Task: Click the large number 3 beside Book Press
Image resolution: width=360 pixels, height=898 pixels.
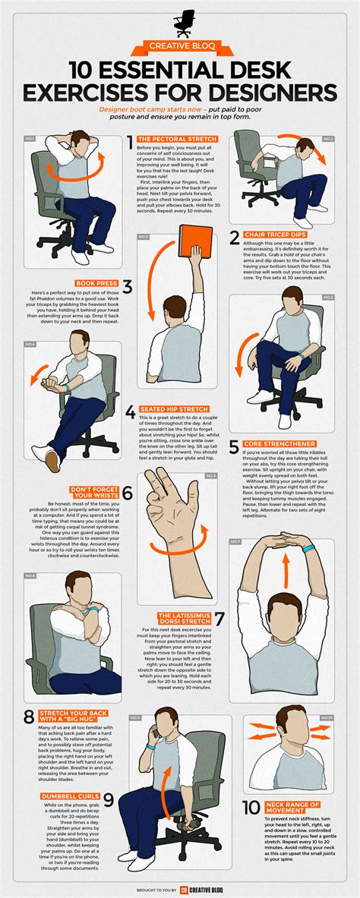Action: pyautogui.click(x=128, y=287)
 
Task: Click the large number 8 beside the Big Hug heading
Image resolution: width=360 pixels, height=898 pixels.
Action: pyautogui.click(x=28, y=717)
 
